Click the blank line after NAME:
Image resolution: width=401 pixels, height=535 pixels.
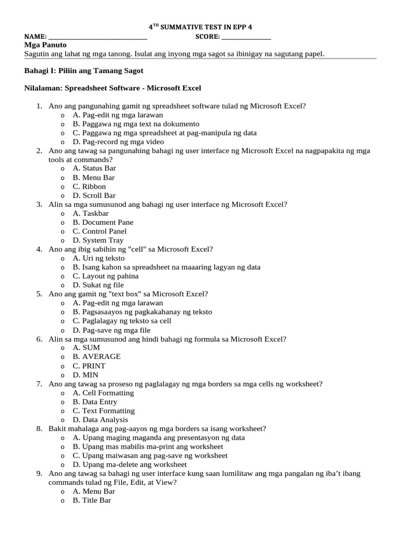tap(98, 38)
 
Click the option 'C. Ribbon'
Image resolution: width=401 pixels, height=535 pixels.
tap(89, 187)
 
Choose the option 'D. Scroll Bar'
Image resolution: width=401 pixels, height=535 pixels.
tap(94, 195)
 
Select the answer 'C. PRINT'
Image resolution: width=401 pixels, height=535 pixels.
tap(89, 366)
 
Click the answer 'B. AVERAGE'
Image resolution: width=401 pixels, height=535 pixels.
tap(97, 356)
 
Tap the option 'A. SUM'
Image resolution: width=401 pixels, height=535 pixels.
tap(86, 347)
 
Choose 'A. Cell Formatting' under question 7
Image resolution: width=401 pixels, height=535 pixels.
tap(103, 393)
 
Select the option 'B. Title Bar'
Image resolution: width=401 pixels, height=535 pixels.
tap(92, 500)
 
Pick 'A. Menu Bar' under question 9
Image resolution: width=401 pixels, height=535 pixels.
tap(94, 491)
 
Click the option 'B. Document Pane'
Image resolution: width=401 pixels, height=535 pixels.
tap(103, 222)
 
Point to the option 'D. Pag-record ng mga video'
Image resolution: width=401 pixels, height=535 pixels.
tap(118, 142)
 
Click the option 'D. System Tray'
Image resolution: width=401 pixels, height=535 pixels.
tap(98, 240)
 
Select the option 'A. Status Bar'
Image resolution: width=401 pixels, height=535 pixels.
tap(94, 168)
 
